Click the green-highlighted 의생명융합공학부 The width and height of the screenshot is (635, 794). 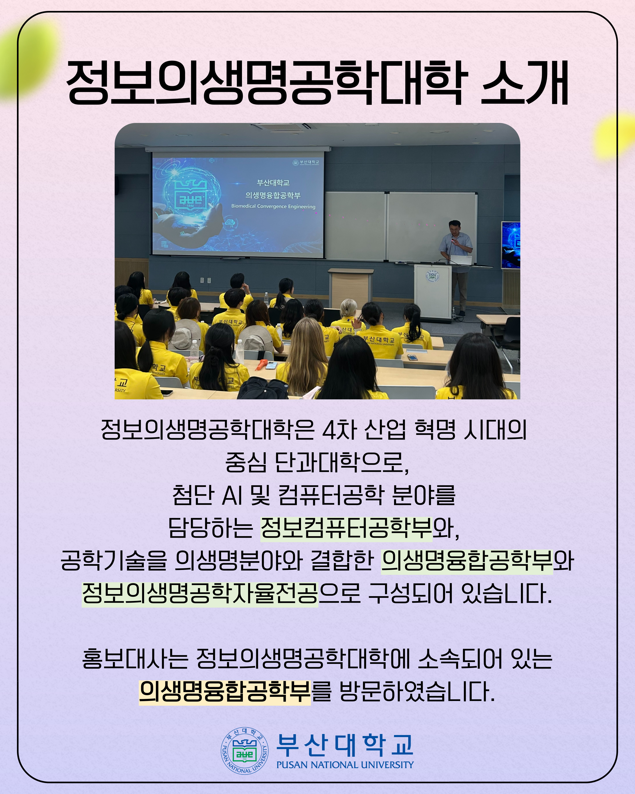point(467,561)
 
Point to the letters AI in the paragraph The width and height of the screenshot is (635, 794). point(232,495)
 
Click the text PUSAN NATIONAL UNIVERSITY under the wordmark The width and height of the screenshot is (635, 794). point(345,765)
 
